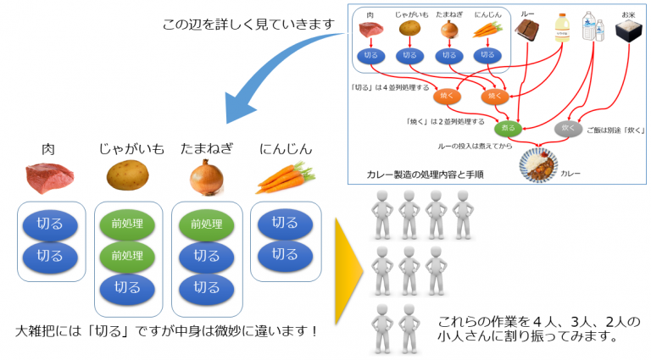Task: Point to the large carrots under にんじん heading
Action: tap(285, 177)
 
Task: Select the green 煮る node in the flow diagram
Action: tap(506, 128)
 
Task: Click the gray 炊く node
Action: tap(567, 129)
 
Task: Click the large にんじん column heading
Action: tap(286, 149)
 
